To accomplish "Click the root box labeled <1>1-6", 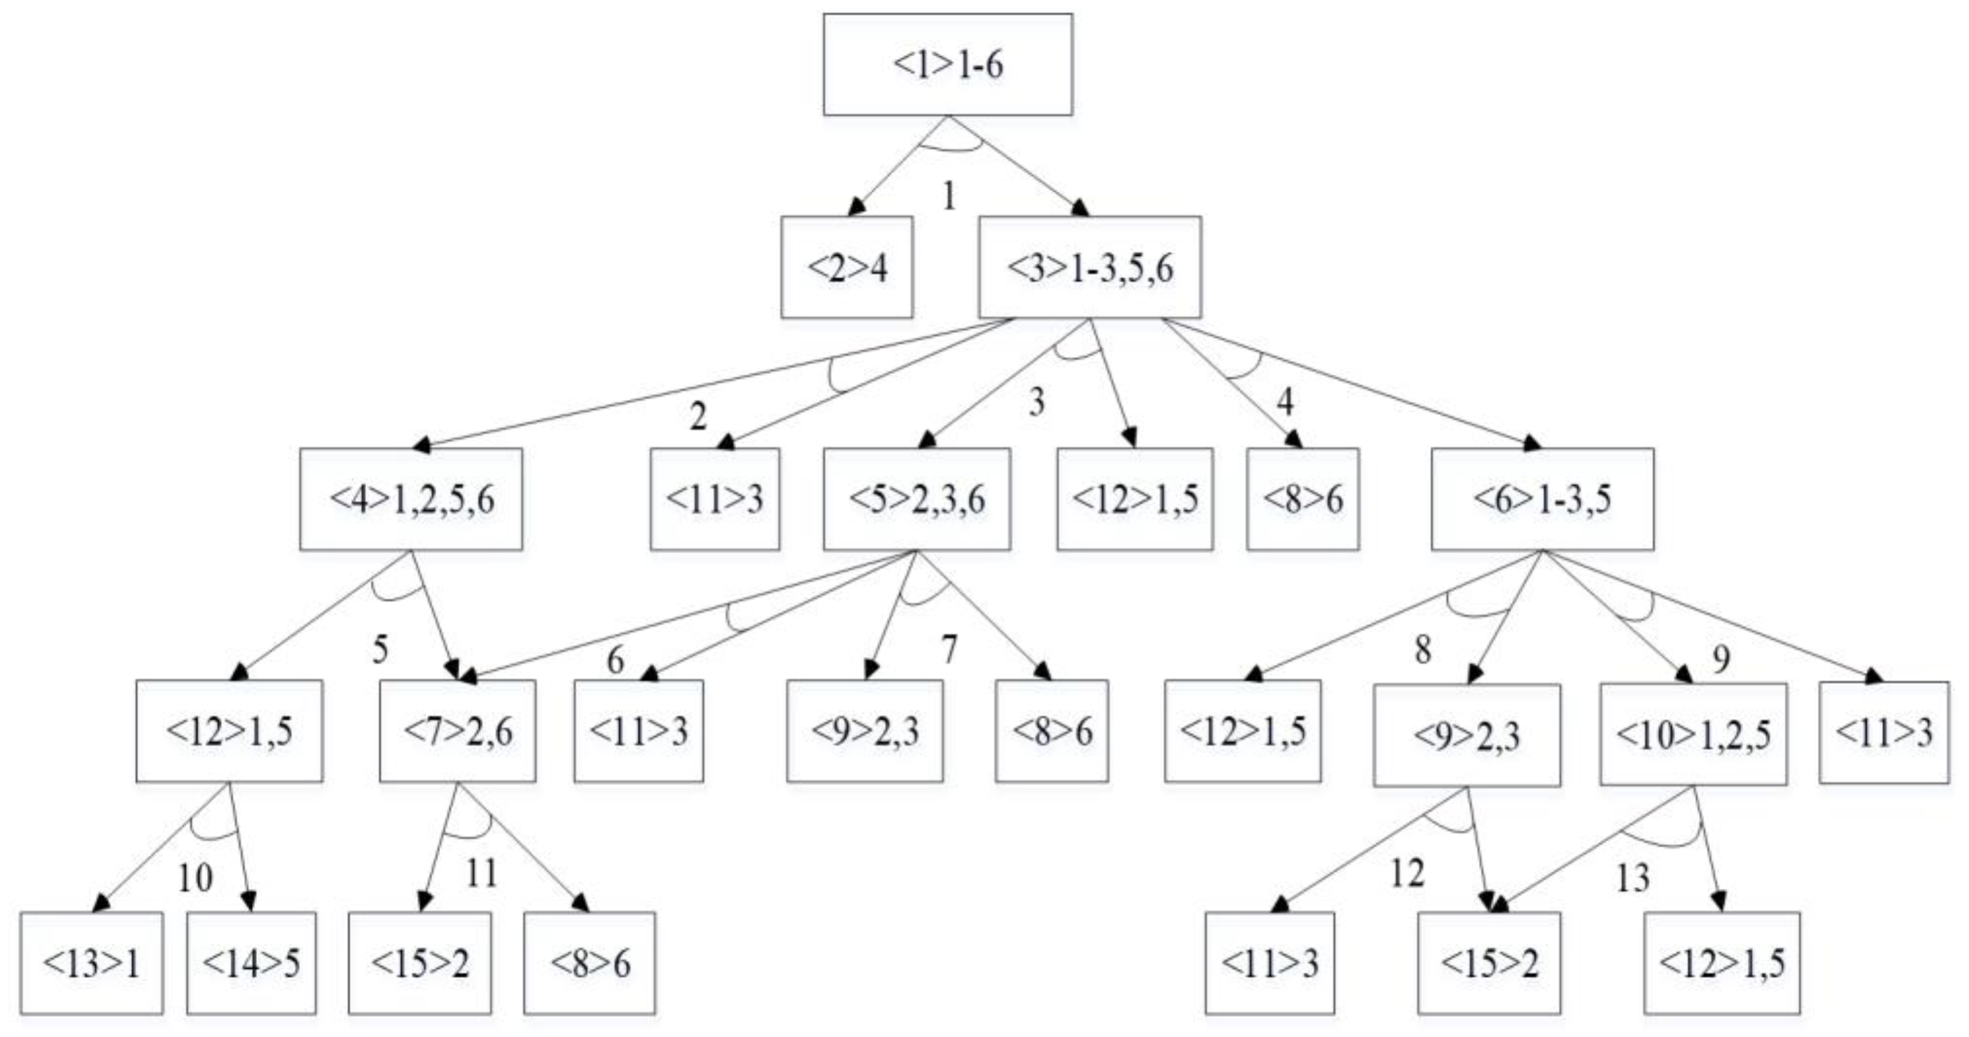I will pyautogui.click(x=948, y=65).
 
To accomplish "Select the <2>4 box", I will pyautogui.click(x=847, y=267).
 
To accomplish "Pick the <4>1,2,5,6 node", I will pyautogui.click(x=411, y=499).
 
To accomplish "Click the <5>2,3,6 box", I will pyautogui.click(x=916, y=499).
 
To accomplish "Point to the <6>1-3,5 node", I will pyautogui.click(x=1543, y=499).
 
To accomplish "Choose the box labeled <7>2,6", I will pyautogui.click(x=458, y=731).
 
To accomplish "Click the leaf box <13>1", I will pyautogui.click(x=92, y=963).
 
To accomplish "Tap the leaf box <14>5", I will pyautogui.click(x=251, y=963).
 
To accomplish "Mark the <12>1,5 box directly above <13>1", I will pyautogui.click(x=229, y=731).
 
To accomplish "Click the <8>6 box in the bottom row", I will pyautogui.click(x=589, y=963).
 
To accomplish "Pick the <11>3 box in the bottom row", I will pyautogui.click(x=1270, y=963).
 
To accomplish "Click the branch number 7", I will pyautogui.click(x=949, y=650).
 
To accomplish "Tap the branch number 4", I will pyautogui.click(x=1285, y=402).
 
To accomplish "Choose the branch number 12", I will pyautogui.click(x=1407, y=873).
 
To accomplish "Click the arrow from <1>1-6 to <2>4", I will pyautogui.click(x=898, y=166).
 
